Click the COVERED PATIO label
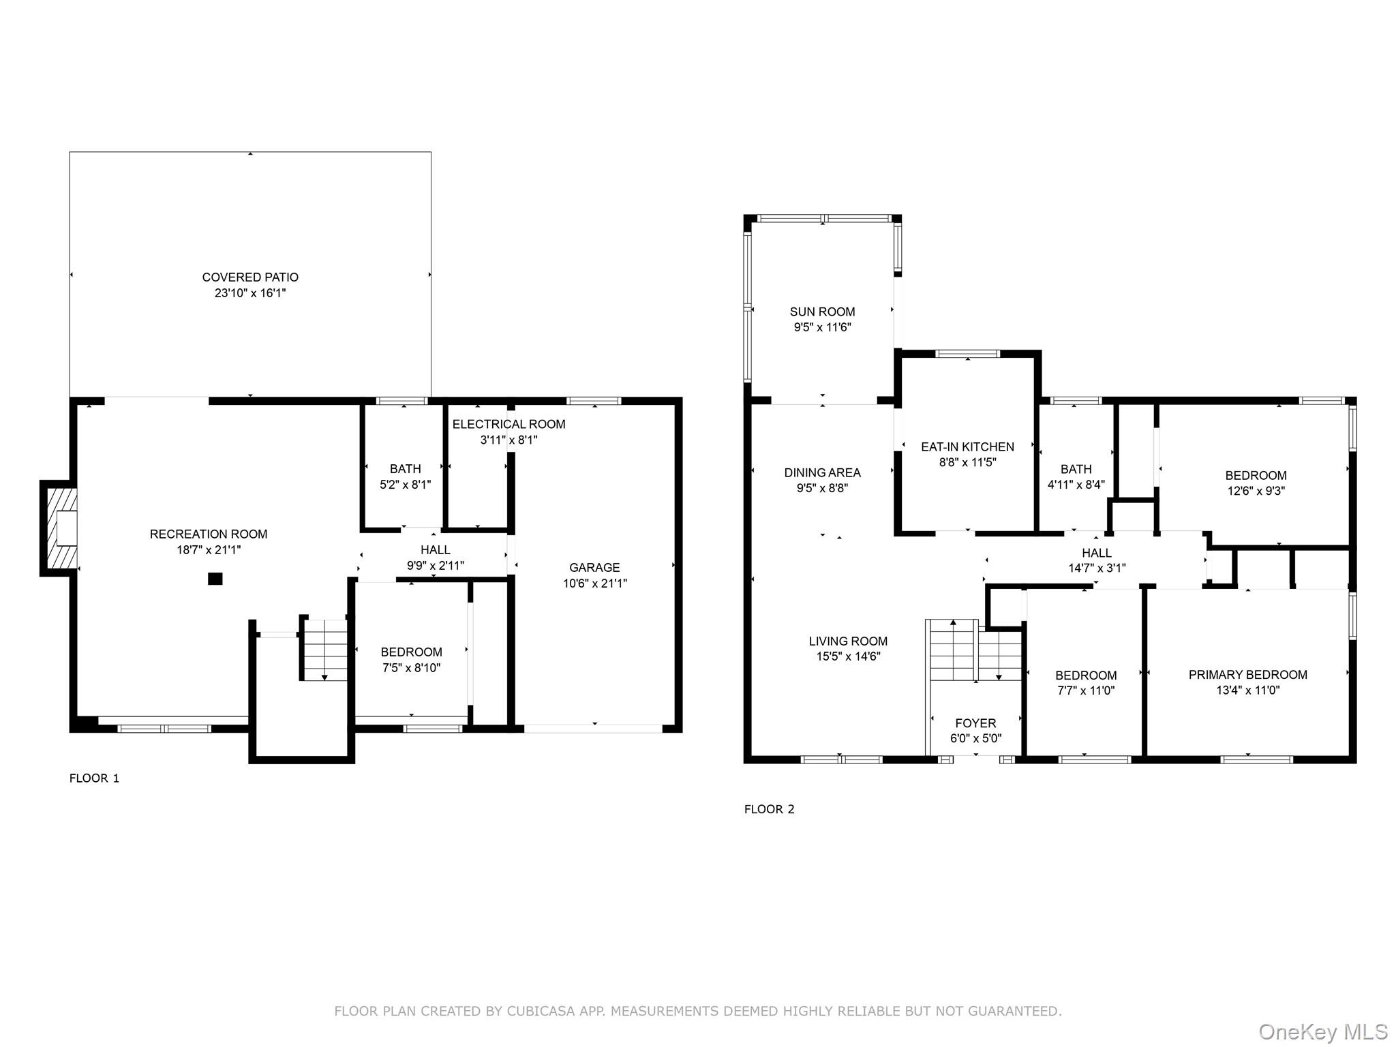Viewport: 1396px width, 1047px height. pos(250,277)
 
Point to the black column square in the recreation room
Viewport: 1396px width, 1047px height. pos(215,579)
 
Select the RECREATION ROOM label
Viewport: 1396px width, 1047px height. pos(209,534)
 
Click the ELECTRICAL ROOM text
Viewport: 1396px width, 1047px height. pos(509,424)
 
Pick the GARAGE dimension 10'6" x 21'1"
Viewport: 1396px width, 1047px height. pos(595,583)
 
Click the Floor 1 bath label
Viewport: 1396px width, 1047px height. pos(406,469)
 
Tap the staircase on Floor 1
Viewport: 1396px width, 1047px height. pos(325,649)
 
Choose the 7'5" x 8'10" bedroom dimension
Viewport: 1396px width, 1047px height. pos(412,668)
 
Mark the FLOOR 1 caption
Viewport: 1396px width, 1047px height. pos(94,778)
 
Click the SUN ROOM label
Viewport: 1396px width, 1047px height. pos(823,312)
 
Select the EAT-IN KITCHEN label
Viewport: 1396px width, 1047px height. pos(968,447)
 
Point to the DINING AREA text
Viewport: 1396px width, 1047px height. pos(823,472)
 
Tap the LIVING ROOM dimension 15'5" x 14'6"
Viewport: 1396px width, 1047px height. pos(849,657)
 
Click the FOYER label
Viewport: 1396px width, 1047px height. pos(976,723)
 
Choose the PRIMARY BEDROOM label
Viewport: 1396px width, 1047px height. pos(1248,675)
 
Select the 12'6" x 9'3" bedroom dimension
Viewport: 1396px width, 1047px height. pos(1256,491)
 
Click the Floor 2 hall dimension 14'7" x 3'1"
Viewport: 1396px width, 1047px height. pos(1097,568)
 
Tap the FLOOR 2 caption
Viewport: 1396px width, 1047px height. pos(770,810)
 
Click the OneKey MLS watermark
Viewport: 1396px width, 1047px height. pos(1323,1032)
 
